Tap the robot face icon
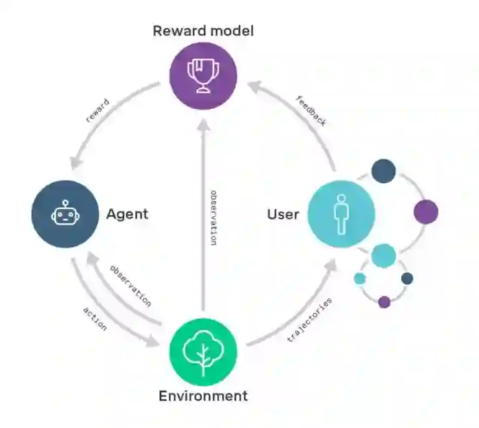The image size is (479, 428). [x=65, y=214]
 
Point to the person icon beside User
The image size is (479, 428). [x=341, y=214]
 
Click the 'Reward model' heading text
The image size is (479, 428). [x=203, y=30]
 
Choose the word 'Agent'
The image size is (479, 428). [x=127, y=214]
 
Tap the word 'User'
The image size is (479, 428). [x=284, y=214]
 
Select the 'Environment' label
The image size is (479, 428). [x=203, y=396]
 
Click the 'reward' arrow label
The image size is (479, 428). [x=98, y=111]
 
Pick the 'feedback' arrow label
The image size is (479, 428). [x=311, y=111]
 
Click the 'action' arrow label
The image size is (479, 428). [x=95, y=318]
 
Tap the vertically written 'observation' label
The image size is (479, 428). [x=213, y=217]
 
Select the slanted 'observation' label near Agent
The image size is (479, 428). [x=130, y=286]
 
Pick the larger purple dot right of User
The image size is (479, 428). [x=425, y=212]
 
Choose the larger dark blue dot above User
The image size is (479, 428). [x=383, y=171]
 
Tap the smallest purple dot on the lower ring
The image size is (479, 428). [x=384, y=302]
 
